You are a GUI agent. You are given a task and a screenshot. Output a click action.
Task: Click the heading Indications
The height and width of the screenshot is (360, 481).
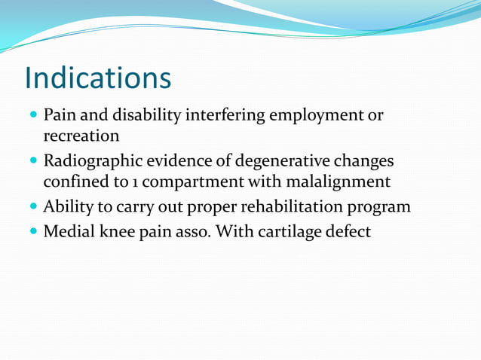click(98, 78)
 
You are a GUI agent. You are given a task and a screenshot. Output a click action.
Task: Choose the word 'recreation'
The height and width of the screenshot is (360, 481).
click(81, 137)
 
